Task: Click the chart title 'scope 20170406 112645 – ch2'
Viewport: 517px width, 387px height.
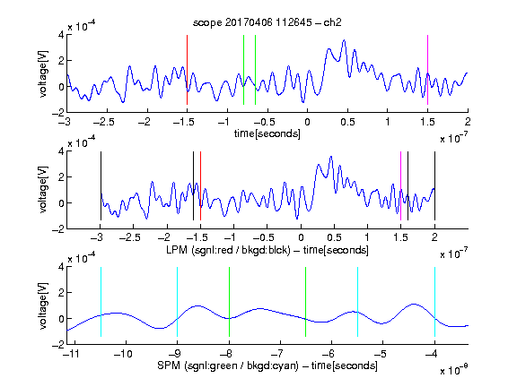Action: pyautogui.click(x=267, y=22)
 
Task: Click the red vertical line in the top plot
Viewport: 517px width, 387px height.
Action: pyautogui.click(x=187, y=70)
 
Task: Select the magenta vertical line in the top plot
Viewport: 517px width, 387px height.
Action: pyautogui.click(x=427, y=70)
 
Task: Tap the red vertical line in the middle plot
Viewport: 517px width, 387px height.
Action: pyautogui.click(x=200, y=186)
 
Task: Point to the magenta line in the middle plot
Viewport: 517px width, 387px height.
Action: pyautogui.click(x=400, y=186)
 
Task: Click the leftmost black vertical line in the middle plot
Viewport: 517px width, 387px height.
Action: pyautogui.click(x=101, y=186)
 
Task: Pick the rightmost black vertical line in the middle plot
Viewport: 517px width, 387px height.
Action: pyautogui.click(x=434, y=186)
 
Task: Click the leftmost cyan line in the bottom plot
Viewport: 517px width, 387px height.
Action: pyautogui.click(x=101, y=302)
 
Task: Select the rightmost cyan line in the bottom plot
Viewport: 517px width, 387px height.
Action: pyautogui.click(x=434, y=302)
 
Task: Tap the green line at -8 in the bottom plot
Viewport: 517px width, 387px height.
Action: pyautogui.click(x=229, y=302)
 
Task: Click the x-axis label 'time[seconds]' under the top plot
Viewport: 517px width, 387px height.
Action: pyautogui.click(x=267, y=133)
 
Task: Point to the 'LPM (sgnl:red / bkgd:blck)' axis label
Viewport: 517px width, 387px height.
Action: pyautogui.click(x=228, y=250)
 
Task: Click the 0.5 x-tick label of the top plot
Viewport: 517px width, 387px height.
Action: pyautogui.click(x=347, y=122)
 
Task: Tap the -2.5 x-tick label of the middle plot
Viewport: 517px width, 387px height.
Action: pyautogui.click(x=130, y=237)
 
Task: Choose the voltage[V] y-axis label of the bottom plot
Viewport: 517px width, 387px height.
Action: pyautogui.click(x=43, y=305)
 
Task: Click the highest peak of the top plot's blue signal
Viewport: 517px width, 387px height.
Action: pyautogui.click(x=345, y=40)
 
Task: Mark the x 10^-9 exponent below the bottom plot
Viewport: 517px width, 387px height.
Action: pyautogui.click(x=454, y=370)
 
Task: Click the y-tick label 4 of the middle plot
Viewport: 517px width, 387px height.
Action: pyautogui.click(x=61, y=151)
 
